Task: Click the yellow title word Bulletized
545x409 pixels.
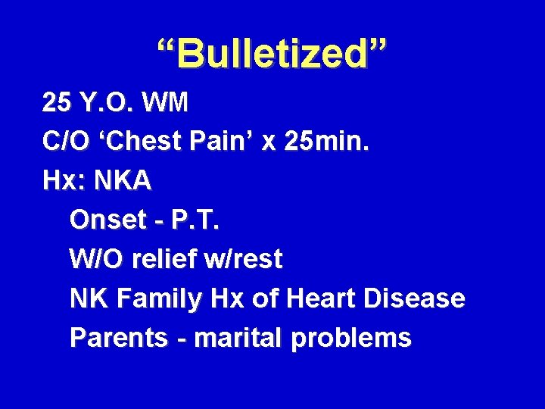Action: coord(272,54)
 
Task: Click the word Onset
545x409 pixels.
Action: coord(107,220)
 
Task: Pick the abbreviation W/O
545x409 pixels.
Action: coord(95,260)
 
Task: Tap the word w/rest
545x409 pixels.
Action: coord(244,260)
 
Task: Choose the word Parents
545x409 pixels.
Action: coord(117,339)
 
